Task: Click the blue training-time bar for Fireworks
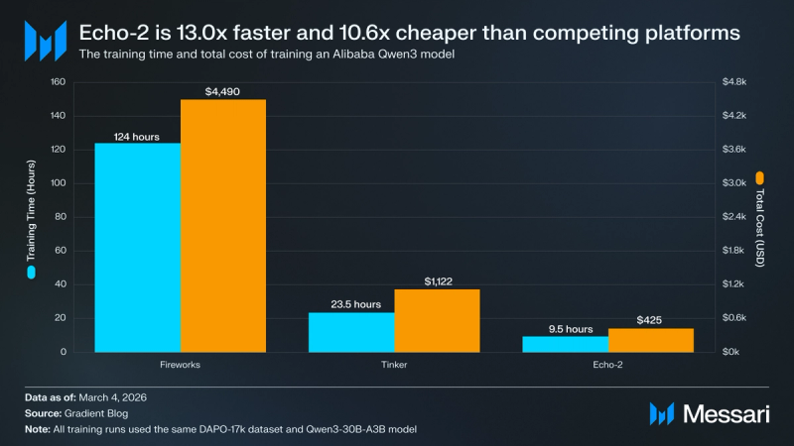coord(137,248)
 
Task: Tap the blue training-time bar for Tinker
coord(351,332)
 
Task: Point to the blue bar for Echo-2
coord(565,344)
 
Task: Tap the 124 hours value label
coord(137,136)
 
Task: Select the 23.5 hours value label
coord(351,305)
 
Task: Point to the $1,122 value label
coord(437,281)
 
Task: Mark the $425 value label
coord(651,321)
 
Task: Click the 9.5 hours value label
coord(565,329)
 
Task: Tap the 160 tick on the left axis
coord(58,82)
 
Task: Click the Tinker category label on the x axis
coord(394,366)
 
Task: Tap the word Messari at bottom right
coord(724,411)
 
